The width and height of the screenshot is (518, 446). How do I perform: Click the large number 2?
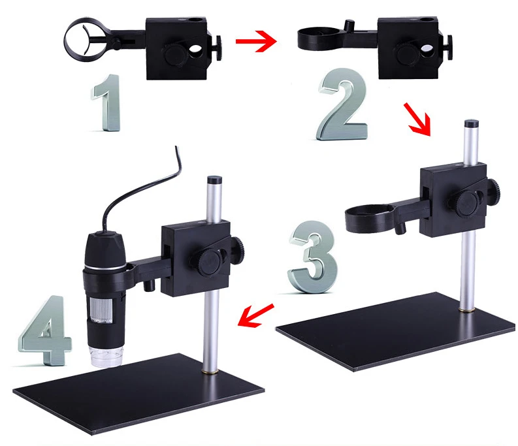pos(340,108)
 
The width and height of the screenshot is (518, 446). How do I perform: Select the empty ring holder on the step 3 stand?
pos(369,217)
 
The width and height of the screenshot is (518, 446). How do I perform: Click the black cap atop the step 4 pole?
pos(212,179)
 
